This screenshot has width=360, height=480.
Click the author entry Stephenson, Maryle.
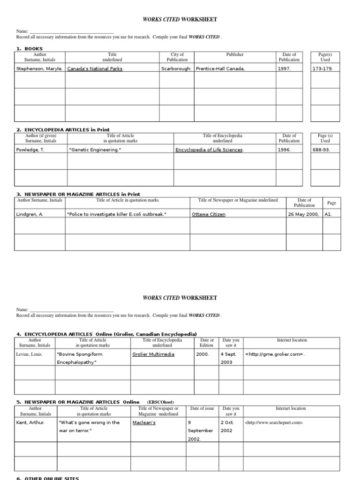pos(39,68)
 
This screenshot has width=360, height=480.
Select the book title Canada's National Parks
pos(95,68)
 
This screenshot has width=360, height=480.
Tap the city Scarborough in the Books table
pos(176,68)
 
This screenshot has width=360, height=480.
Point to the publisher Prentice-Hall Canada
pos(220,68)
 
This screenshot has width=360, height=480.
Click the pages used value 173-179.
pos(323,68)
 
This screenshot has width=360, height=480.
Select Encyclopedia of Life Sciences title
pos(210,150)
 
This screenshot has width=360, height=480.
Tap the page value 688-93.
pos(321,150)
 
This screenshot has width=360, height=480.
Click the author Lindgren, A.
pos(31,214)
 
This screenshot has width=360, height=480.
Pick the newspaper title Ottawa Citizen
pos(209,214)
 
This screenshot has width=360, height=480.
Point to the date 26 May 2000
pos(303,214)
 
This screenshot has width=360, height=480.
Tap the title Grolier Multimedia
pos(153,354)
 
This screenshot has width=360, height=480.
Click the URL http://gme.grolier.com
pos(275,354)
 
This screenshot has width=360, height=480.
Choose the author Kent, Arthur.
pos(30,422)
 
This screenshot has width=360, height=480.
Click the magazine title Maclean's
pos(144,422)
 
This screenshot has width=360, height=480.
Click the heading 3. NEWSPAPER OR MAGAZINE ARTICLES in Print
pos(78,194)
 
